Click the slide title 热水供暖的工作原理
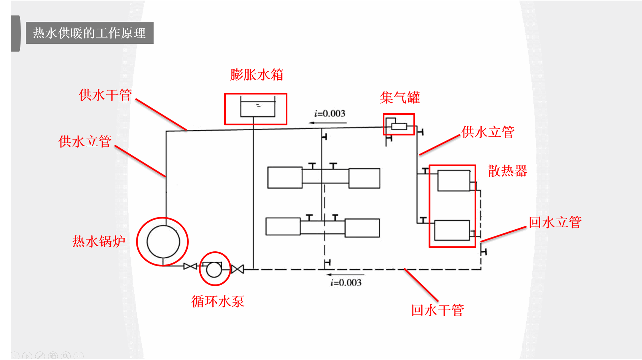click(89, 33)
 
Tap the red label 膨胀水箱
click(257, 75)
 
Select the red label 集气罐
click(400, 97)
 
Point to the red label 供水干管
click(105, 95)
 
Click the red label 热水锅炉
click(99, 241)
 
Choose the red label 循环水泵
click(218, 301)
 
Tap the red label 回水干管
click(438, 310)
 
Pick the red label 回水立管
click(555, 222)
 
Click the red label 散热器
click(508, 171)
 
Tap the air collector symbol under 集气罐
click(399, 126)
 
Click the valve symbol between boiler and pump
click(190, 266)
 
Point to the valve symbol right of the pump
click(238, 269)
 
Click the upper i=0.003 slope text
click(330, 113)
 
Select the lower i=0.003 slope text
click(346, 282)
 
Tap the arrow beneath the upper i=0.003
click(328, 123)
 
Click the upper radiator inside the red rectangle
click(454, 181)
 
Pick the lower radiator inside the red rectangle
click(452, 231)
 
